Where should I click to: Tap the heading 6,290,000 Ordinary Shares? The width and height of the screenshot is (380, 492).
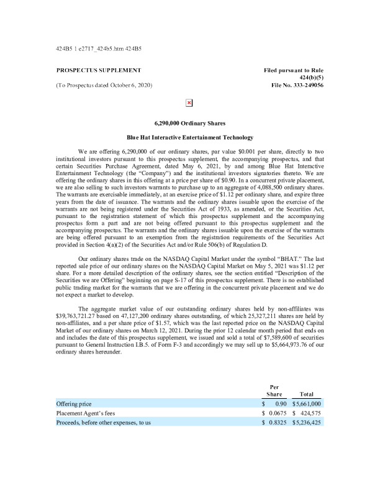[190, 124]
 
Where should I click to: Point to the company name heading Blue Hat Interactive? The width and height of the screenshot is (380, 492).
[190, 137]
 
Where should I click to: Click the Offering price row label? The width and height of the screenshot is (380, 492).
[75, 404]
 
